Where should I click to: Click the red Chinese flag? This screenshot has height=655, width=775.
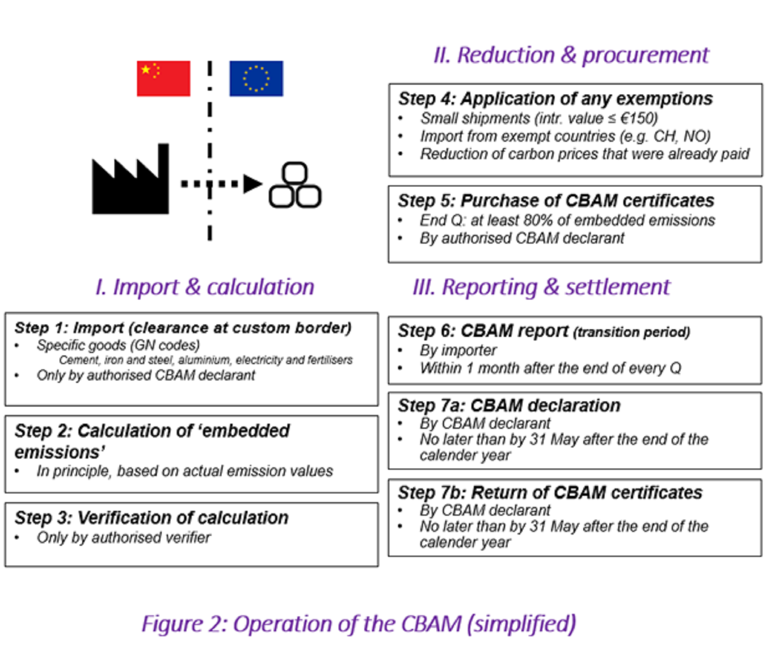pyautogui.click(x=163, y=78)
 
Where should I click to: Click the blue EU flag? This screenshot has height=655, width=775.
pyautogui.click(x=256, y=78)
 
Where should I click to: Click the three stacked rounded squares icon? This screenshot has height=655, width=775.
pyautogui.click(x=295, y=185)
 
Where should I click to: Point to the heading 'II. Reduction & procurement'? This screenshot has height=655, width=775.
pyautogui.click(x=571, y=55)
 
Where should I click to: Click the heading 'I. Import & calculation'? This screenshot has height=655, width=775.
pyautogui.click(x=205, y=287)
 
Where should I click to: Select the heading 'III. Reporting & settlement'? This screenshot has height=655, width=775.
pyautogui.click(x=541, y=287)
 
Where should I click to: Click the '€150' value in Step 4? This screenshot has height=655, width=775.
pyautogui.click(x=638, y=118)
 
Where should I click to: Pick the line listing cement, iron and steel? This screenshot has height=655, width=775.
pyautogui.click(x=206, y=360)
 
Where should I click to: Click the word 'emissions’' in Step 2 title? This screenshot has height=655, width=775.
pyautogui.click(x=60, y=452)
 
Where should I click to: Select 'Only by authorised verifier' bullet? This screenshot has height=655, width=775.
pyautogui.click(x=124, y=537)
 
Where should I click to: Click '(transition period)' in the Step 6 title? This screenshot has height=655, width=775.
pyautogui.click(x=631, y=332)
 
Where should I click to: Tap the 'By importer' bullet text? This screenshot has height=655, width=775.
pyautogui.click(x=458, y=350)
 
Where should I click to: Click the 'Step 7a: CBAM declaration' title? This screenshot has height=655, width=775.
pyautogui.click(x=509, y=405)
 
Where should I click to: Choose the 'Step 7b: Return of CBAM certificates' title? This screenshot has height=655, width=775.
pyautogui.click(x=550, y=492)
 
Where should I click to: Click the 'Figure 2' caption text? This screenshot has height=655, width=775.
pyautogui.click(x=358, y=624)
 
